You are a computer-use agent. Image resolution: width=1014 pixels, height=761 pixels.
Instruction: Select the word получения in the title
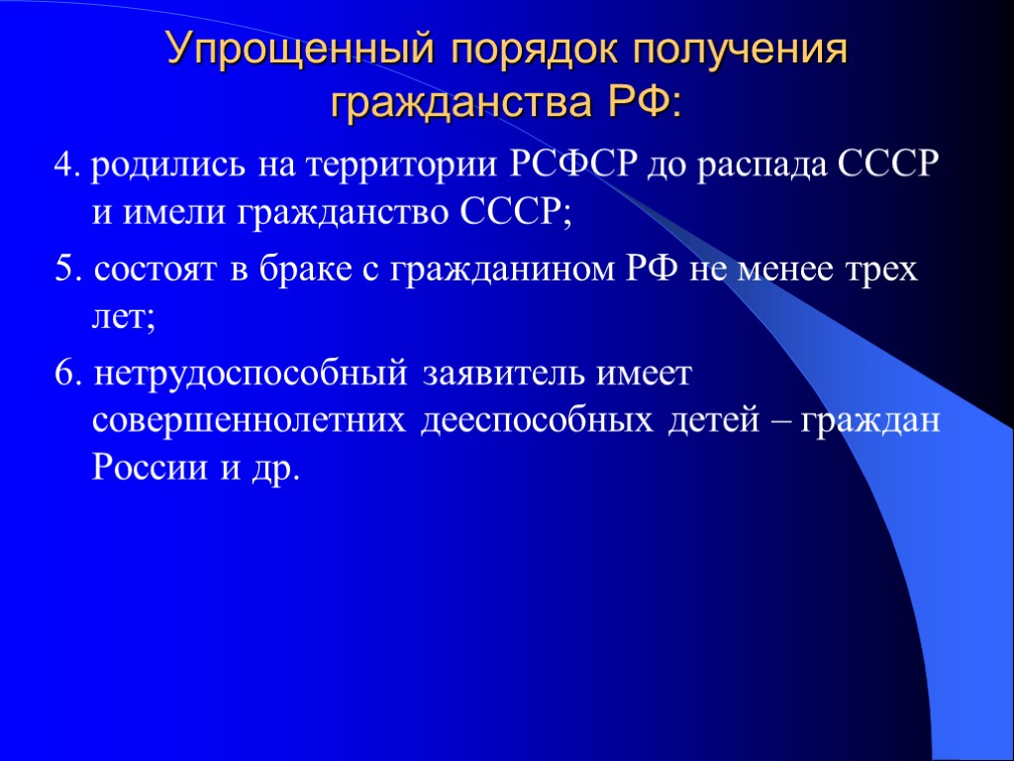coord(736,51)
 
